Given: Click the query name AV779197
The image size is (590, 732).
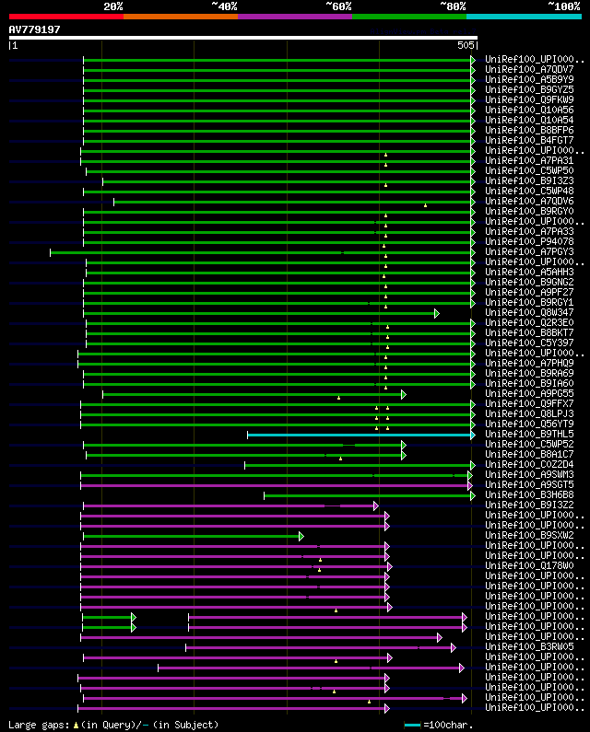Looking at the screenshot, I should pyautogui.click(x=35, y=29).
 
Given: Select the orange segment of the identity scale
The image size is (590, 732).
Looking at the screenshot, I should pyautogui.click(x=180, y=16).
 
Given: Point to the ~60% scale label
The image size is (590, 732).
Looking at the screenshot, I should pyautogui.click(x=338, y=6).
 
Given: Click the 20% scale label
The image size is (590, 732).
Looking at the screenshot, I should pyautogui.click(x=112, y=6).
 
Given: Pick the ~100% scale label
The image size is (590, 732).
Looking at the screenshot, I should pyautogui.click(x=563, y=6).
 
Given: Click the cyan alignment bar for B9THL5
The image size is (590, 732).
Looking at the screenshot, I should pyautogui.click(x=360, y=435).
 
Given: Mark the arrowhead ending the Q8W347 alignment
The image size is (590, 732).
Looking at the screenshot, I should pyautogui.click(x=437, y=313).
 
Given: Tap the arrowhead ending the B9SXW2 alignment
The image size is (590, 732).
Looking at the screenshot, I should pyautogui.click(x=301, y=536).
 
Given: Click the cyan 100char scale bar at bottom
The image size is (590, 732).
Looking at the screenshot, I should pyautogui.click(x=412, y=725).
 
